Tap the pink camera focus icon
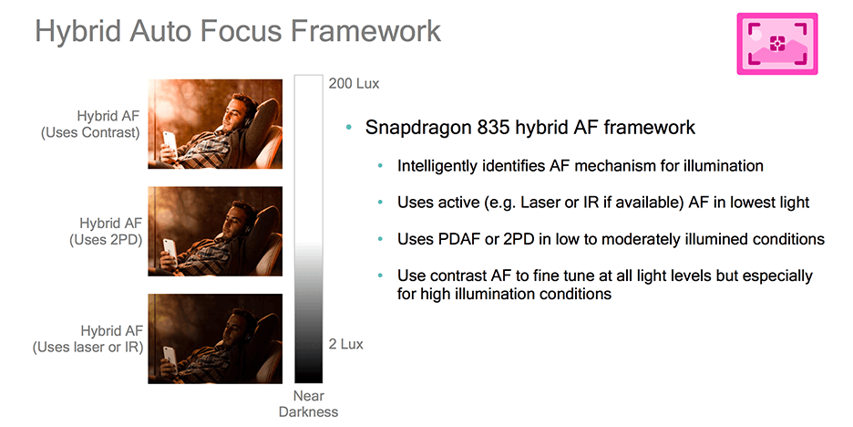(776, 44)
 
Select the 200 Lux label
(354, 83)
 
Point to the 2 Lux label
(346, 344)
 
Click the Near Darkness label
(308, 403)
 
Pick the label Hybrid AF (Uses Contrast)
(91, 124)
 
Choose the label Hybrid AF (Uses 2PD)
(106, 231)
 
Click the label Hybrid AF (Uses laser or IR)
(88, 338)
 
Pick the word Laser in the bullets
(540, 202)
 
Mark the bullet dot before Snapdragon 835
(349, 128)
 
